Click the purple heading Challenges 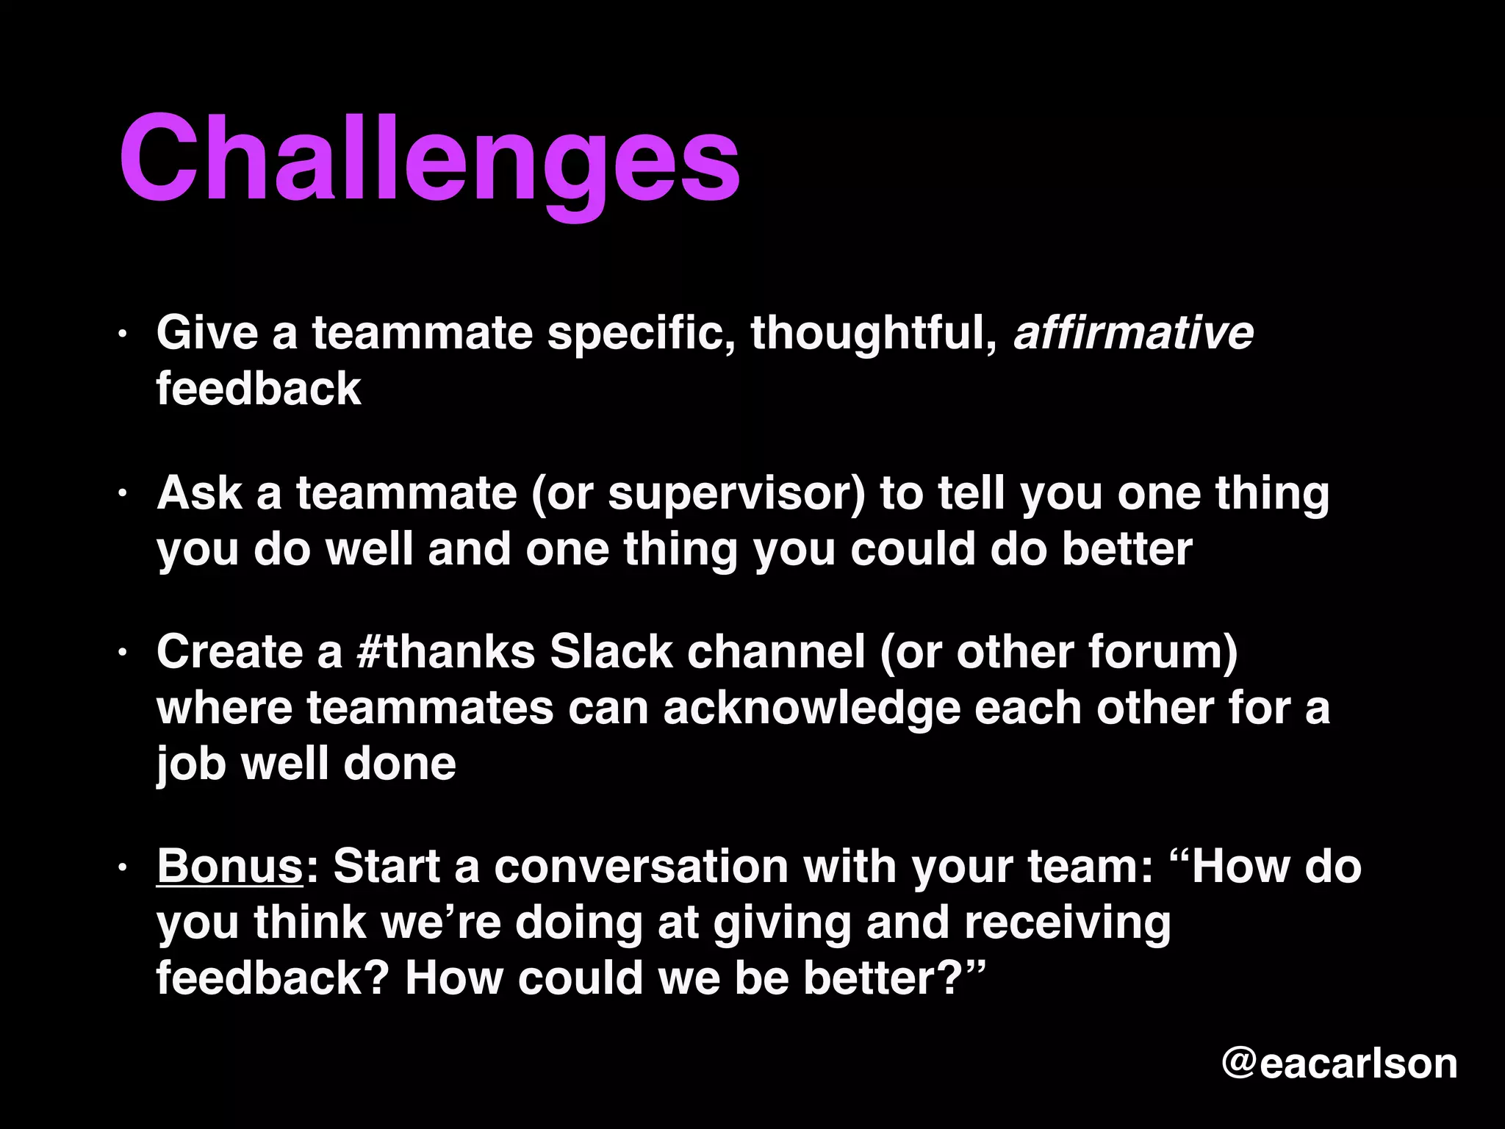[429, 160]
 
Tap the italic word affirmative [1133, 333]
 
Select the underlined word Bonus [229, 866]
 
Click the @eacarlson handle [1339, 1063]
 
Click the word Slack [611, 652]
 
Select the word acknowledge [811, 708]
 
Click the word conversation [640, 866]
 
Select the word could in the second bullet [912, 549]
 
